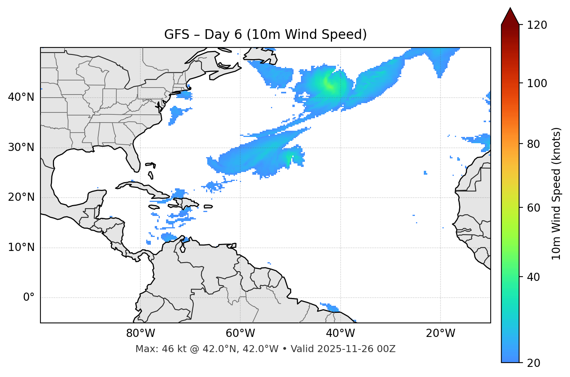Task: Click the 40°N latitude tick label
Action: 21,97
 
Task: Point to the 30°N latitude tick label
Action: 21,147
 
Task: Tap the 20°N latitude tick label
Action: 21,197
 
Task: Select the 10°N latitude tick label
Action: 21,247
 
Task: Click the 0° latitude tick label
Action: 29,298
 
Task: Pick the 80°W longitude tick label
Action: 140,333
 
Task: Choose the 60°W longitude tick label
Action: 240,333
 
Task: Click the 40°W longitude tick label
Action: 341,333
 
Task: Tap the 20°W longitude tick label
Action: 441,333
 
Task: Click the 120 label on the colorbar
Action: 537,25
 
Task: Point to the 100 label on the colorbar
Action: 537,83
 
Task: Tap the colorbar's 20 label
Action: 534,363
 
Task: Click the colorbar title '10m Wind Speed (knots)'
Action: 556,193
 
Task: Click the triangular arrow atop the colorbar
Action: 510,17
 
